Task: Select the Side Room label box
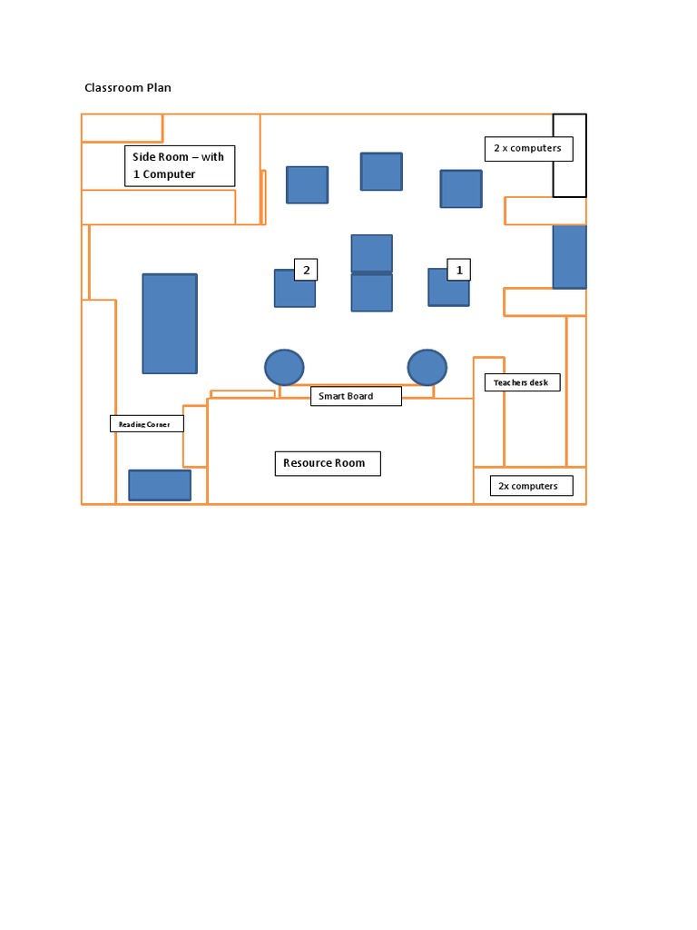(x=180, y=166)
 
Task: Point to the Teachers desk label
(x=522, y=382)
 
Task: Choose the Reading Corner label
(x=146, y=424)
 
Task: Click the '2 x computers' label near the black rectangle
(x=528, y=148)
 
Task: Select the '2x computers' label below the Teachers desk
(x=531, y=486)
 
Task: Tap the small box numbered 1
(x=459, y=270)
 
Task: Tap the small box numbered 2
(x=306, y=270)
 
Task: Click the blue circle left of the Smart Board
(x=284, y=368)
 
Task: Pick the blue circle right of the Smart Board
(x=427, y=368)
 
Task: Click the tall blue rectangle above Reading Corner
(x=170, y=323)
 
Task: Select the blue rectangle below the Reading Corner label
(x=160, y=485)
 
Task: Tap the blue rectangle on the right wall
(x=569, y=256)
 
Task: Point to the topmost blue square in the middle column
(x=381, y=172)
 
